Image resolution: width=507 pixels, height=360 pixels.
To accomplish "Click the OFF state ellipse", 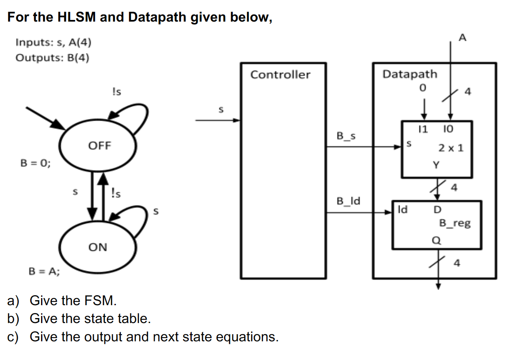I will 99,146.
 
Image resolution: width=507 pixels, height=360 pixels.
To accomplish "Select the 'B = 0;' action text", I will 36,163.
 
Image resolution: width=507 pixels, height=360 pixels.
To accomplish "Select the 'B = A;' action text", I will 44,272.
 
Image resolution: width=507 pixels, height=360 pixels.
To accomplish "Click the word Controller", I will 280,75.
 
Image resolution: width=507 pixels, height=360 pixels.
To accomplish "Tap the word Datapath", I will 409,74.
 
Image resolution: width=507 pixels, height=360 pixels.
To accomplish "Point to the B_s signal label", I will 346,136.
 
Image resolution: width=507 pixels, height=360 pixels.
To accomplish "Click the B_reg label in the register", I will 455,223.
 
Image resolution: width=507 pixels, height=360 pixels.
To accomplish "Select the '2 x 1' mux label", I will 451,147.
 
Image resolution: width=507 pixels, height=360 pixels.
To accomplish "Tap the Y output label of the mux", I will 436,165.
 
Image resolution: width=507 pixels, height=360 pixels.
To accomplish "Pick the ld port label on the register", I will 402,209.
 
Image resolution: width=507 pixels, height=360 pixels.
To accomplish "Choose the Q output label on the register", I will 437,240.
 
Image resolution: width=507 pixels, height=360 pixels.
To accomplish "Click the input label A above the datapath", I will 463,38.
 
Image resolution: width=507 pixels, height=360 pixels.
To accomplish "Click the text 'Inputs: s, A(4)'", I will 53,42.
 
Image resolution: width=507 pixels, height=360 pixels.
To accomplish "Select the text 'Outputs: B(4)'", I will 52,57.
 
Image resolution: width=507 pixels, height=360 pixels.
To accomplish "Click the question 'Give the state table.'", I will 90,318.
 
